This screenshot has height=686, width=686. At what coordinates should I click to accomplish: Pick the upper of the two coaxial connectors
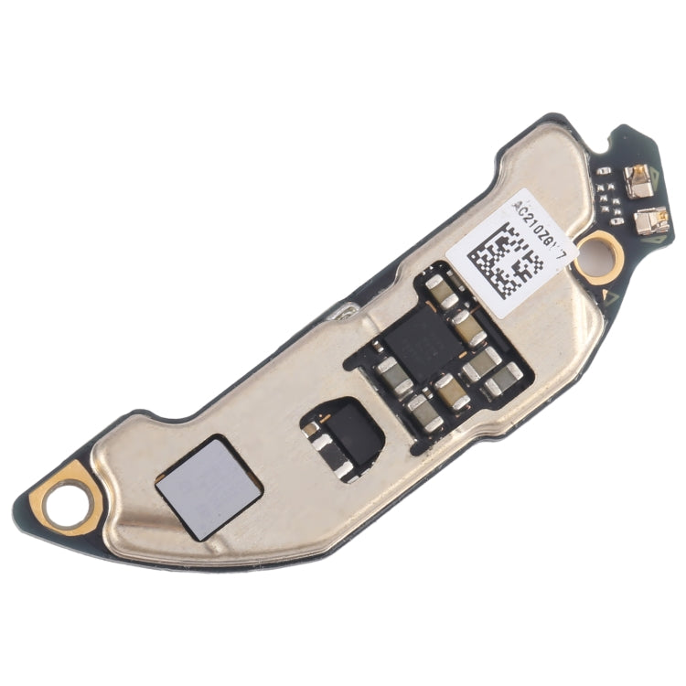click(639, 184)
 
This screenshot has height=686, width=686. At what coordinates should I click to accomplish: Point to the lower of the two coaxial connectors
click(652, 220)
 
